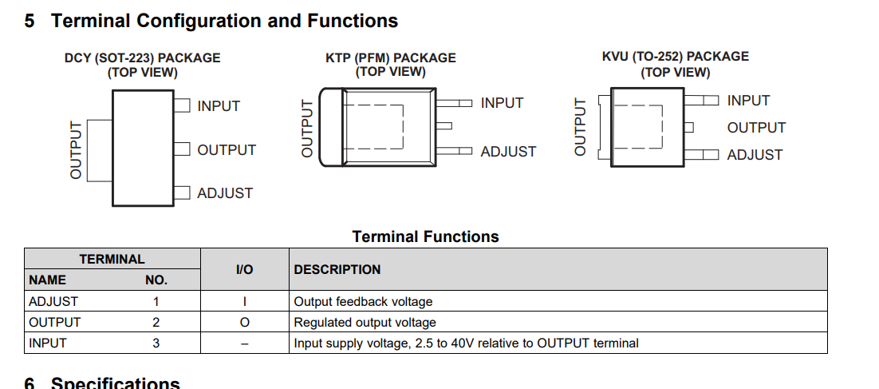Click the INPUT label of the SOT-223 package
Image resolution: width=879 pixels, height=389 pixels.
coord(219,106)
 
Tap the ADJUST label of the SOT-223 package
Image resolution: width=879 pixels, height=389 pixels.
coord(225,193)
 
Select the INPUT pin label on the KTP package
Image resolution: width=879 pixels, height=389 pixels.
coord(503,103)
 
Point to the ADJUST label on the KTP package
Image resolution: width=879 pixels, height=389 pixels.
coord(508,152)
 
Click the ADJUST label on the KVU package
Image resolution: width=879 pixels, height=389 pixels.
coord(755,155)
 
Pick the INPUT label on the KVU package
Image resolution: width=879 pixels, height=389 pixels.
coord(748,101)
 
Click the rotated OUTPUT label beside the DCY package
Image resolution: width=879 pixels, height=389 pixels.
coord(76,150)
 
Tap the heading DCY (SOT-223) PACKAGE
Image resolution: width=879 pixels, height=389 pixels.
coord(143,58)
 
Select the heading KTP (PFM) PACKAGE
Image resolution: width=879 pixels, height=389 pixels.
coord(391,58)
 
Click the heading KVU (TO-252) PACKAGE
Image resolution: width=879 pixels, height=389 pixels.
coord(676,56)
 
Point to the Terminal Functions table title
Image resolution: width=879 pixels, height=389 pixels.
coord(425,237)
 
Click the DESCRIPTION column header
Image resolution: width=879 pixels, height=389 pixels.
coord(337,269)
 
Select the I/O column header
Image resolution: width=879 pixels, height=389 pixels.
coord(244,270)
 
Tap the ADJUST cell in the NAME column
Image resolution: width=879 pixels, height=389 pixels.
coord(53,301)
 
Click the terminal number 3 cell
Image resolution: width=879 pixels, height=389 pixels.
coord(156,343)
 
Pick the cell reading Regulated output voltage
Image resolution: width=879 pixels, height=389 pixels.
coord(365,323)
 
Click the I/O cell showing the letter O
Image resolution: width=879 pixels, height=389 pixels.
coord(244,323)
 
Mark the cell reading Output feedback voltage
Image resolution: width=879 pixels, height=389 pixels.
coord(363,302)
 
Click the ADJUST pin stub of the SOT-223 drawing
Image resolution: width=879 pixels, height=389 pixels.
coord(182,193)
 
